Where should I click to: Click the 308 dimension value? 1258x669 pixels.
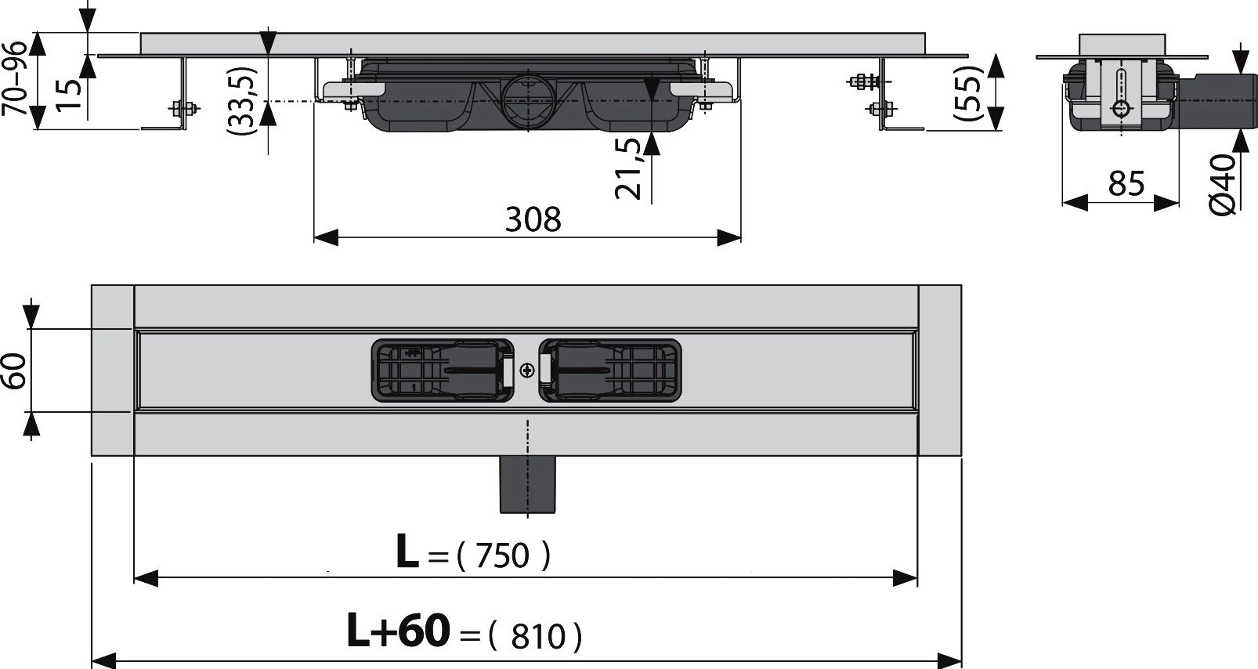[x=533, y=220]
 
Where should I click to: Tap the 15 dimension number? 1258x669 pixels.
[x=70, y=94]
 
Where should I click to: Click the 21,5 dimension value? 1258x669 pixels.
[x=629, y=168]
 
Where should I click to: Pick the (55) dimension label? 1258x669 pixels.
[x=967, y=92]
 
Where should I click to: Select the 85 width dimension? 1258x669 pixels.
[x=1126, y=185]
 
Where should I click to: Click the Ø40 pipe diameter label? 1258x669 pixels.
[x=1222, y=184]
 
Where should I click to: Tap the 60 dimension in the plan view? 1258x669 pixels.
[x=15, y=370]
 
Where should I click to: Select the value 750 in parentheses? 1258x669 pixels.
[x=503, y=556]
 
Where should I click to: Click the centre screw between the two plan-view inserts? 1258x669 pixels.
[x=527, y=371]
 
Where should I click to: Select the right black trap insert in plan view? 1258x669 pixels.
[x=610, y=371]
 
